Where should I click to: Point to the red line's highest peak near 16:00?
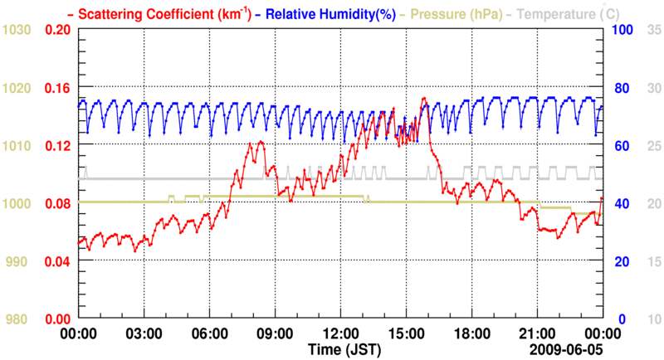coord(424,98)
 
